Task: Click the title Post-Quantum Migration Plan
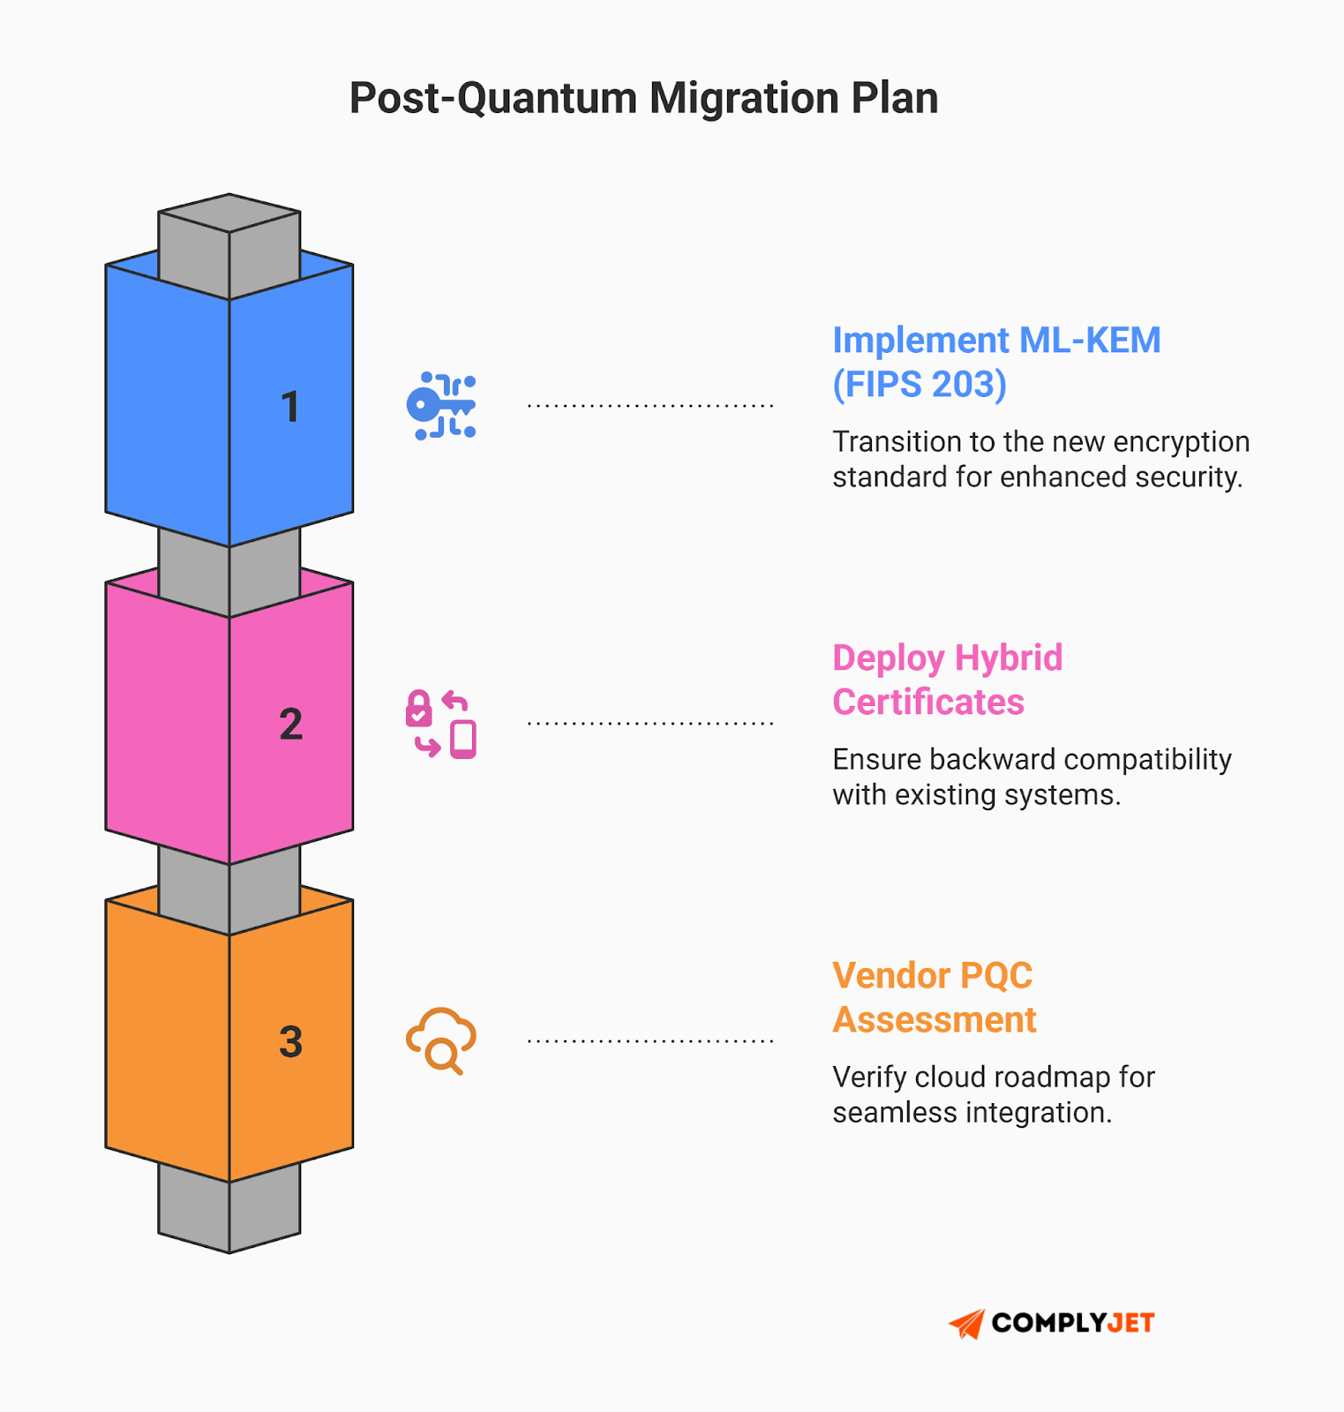[x=643, y=98]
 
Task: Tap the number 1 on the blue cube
[x=290, y=407]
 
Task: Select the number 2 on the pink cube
[x=290, y=725]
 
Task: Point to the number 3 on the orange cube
[x=290, y=1042]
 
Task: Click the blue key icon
[x=441, y=406]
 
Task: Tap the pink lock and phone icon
[x=441, y=724]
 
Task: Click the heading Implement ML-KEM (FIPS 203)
[x=996, y=362]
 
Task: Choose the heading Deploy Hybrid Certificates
[x=947, y=680]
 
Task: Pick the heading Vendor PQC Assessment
[x=934, y=997]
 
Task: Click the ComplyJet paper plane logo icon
[x=966, y=1323]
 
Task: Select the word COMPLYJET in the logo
[x=1072, y=1323]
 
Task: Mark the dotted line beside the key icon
[x=650, y=406]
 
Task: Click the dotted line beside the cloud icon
[x=650, y=1041]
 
